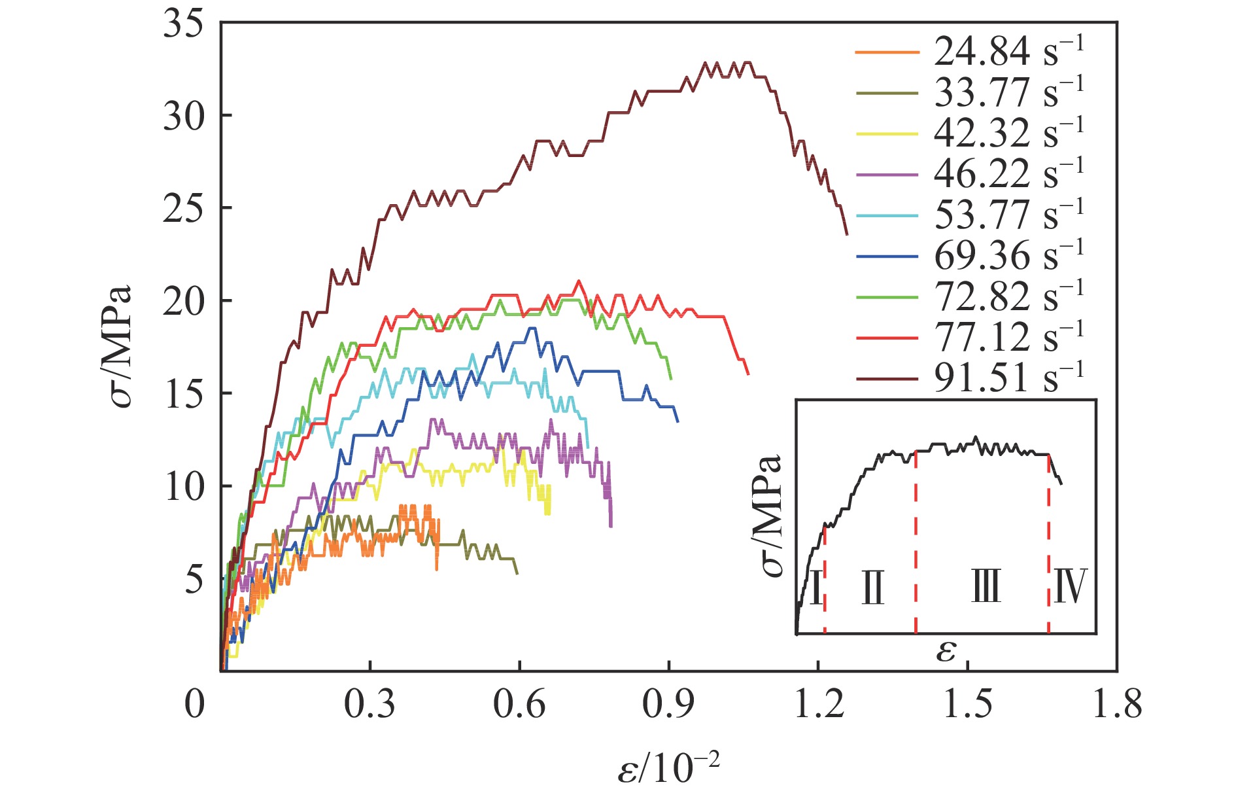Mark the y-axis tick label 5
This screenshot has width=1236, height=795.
click(x=194, y=579)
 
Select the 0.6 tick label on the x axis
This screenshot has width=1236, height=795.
click(x=519, y=705)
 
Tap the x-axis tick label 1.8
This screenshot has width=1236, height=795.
click(x=1117, y=705)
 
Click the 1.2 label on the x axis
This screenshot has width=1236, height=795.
click(x=818, y=705)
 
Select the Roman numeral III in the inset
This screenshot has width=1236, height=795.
click(x=986, y=586)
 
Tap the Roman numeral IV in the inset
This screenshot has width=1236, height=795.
click(x=1070, y=586)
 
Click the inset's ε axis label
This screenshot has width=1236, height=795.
click(x=946, y=650)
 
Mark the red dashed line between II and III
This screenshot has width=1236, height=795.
click(x=916, y=543)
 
